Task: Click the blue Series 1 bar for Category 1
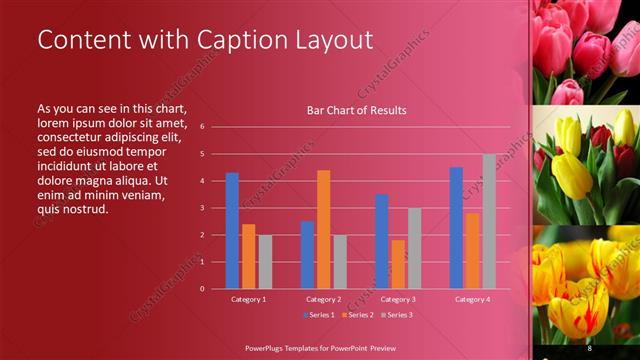[232, 230]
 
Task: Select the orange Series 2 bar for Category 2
[323, 229]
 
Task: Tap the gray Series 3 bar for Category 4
[489, 221]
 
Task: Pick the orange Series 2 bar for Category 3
[398, 264]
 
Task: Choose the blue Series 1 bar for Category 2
[307, 254]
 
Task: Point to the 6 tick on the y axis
[202, 127]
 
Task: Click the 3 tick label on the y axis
[202, 208]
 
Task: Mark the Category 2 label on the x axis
[323, 299]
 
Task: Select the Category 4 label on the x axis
[472, 299]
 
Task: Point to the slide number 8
[590, 347]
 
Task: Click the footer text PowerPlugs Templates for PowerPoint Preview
[328, 347]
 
